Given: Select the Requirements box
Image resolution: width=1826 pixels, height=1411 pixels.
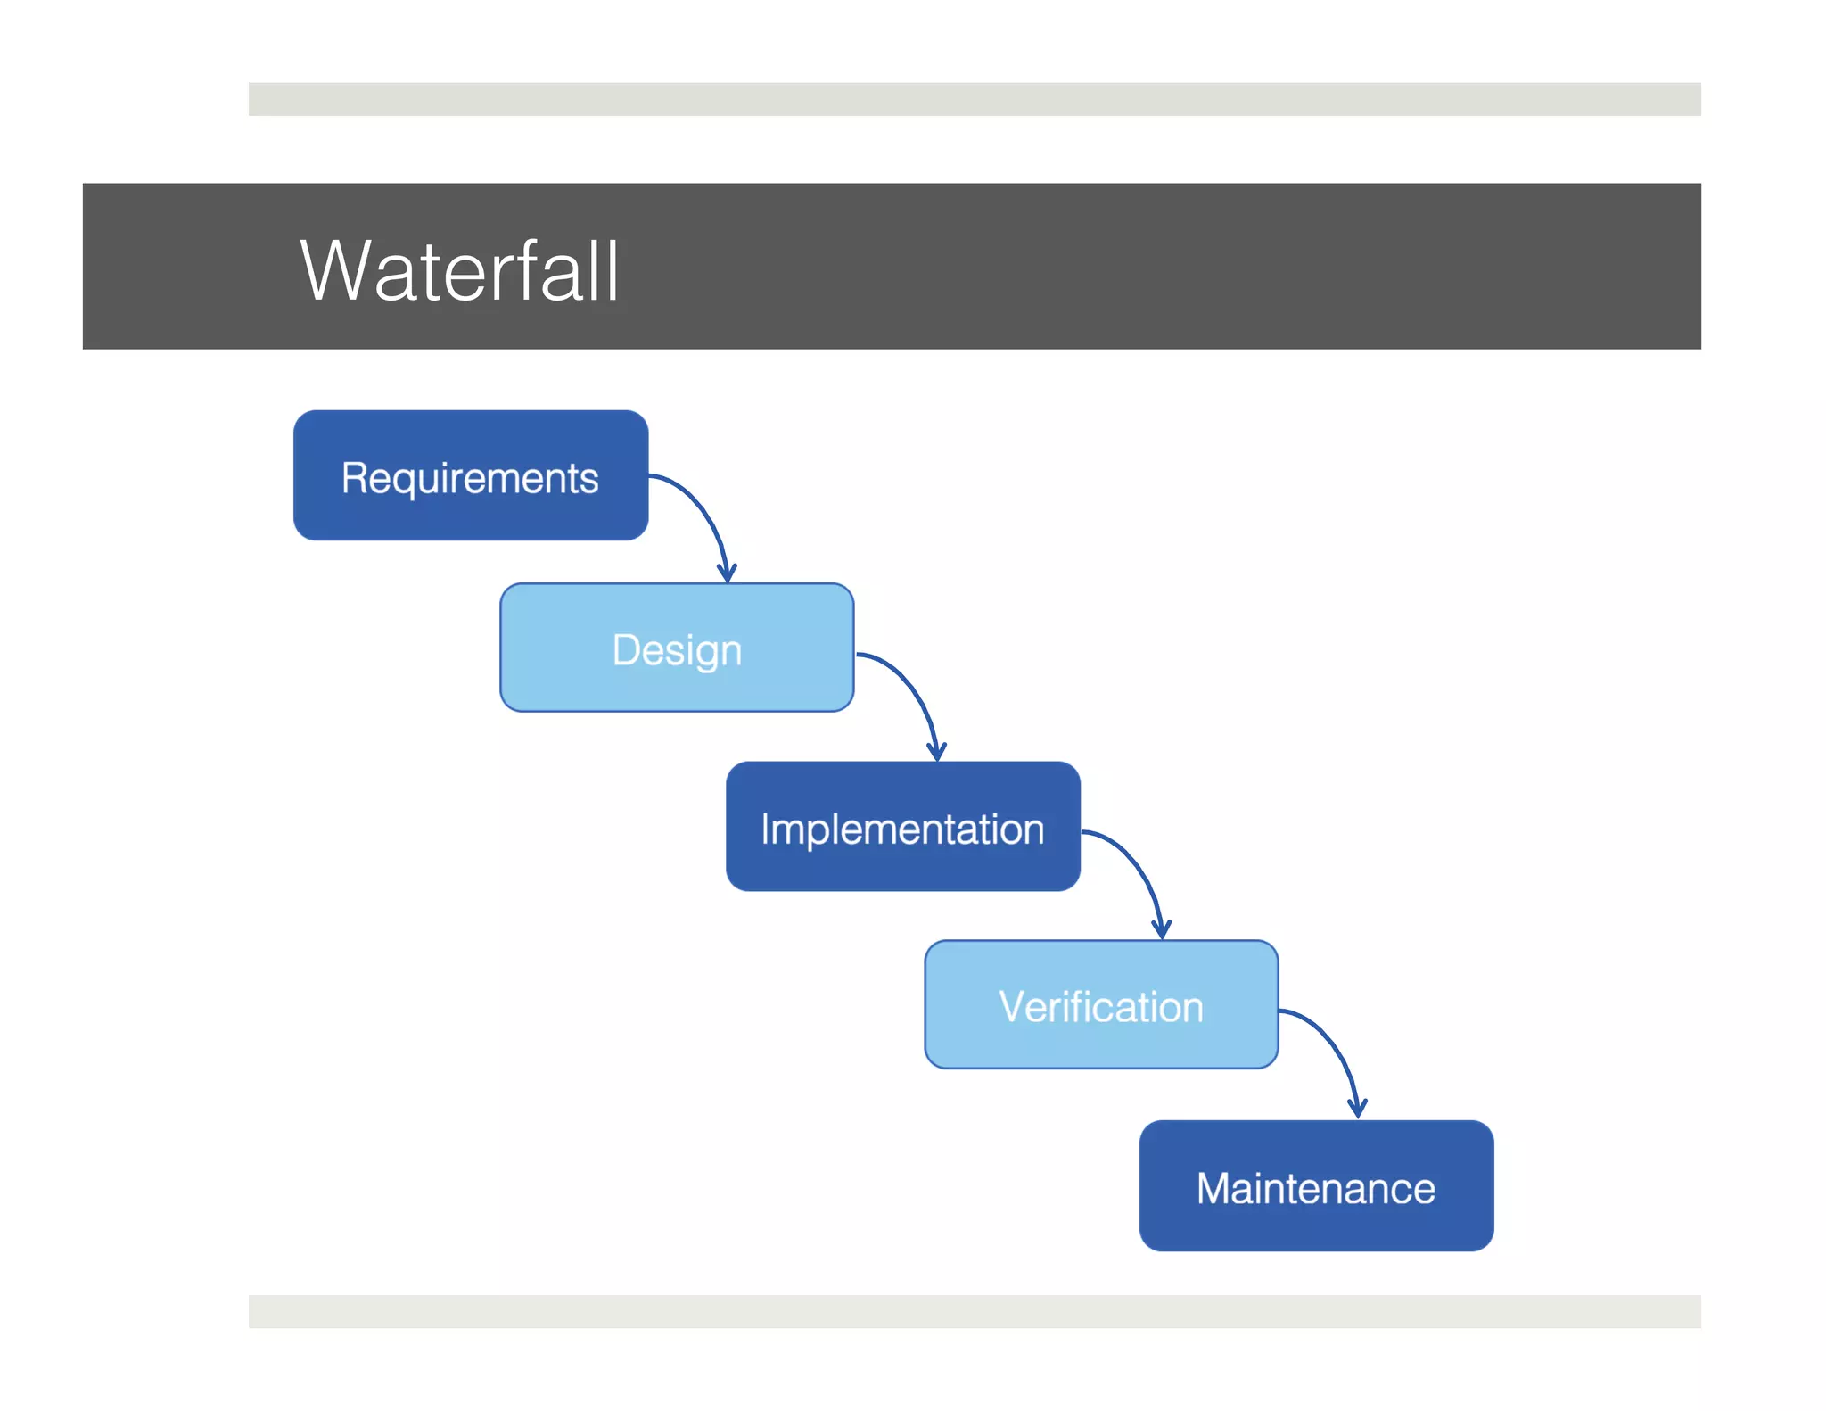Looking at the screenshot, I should [x=471, y=475].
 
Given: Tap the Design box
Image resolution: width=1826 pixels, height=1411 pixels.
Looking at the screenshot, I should [x=677, y=648].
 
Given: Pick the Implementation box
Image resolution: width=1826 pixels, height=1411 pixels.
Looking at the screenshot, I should [x=902, y=826].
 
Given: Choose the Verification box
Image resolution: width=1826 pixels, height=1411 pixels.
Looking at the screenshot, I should [x=1101, y=1004].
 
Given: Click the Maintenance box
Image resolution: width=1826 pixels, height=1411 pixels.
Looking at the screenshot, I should [x=1316, y=1185].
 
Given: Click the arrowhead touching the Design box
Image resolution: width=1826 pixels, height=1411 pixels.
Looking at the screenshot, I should [x=728, y=573].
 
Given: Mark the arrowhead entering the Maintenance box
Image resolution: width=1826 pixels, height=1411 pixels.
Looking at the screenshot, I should [x=1357, y=1109].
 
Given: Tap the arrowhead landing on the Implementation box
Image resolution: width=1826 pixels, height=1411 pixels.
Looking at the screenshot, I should [x=936, y=752].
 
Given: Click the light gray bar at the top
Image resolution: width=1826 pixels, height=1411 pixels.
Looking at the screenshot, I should [x=974, y=99].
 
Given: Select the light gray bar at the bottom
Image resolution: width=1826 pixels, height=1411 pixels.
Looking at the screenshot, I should [x=974, y=1311].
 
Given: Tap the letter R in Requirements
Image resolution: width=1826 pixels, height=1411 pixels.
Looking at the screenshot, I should [x=355, y=477].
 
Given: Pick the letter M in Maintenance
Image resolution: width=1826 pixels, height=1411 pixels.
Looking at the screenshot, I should [x=1215, y=1188].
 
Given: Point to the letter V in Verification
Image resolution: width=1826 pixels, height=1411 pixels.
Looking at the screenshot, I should [x=1014, y=1006].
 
